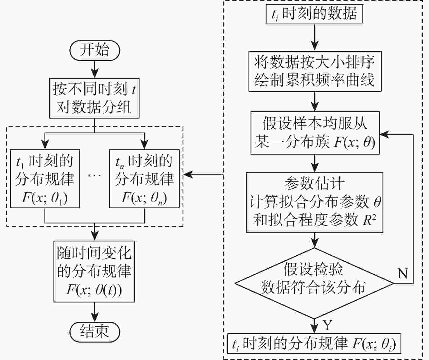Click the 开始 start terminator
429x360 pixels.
tap(95, 50)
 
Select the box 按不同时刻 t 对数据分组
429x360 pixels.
tap(94, 98)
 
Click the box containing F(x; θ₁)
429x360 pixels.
tap(45, 179)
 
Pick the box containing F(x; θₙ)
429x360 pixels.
tap(144, 179)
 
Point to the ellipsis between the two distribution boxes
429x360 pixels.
tap(94, 175)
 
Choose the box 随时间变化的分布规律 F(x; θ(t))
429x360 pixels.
tap(94, 271)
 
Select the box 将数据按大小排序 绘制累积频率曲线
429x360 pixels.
tap(315, 71)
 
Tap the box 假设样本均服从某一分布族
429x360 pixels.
tap(315, 133)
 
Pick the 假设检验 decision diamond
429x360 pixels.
tap(314, 283)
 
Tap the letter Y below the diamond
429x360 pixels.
tap(327, 325)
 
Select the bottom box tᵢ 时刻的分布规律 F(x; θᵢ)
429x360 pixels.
tap(314, 344)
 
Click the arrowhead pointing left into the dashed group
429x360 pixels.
tap(187, 175)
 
